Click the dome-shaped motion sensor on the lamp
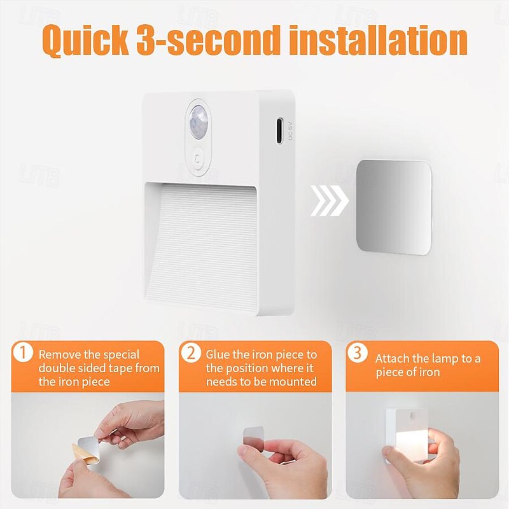(198, 120)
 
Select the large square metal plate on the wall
(393, 207)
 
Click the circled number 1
(23, 352)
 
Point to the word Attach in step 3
(393, 359)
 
